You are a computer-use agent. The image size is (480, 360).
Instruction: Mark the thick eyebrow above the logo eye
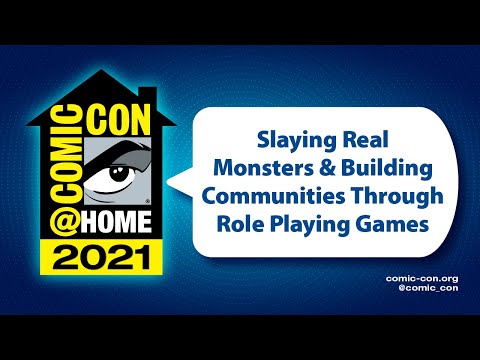[x=117, y=156]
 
